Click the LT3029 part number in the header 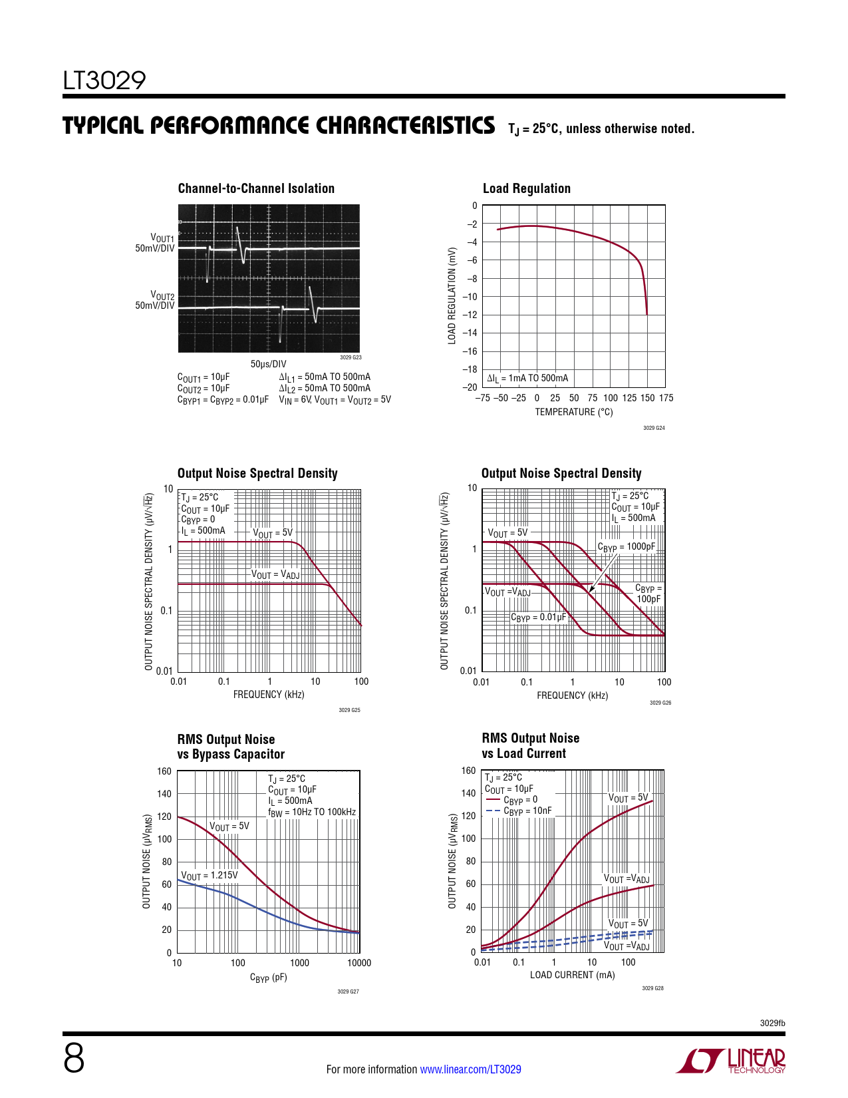coord(104,81)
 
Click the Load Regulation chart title coord(526,188)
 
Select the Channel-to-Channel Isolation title coord(256,188)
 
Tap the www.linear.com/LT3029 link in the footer coord(470,1069)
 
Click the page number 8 coord(74,1058)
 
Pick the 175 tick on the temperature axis coord(666,398)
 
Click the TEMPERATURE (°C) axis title coord(573,412)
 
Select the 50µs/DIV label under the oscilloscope coord(268,364)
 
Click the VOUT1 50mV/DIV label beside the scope coord(156,243)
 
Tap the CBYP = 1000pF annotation coord(626,547)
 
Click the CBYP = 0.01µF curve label coord(538,618)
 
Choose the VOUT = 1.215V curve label coord(209,876)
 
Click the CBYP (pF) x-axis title coord(268,978)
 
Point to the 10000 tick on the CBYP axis coord(359,963)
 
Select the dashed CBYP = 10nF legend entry coord(519,811)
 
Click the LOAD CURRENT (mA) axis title coord(572,975)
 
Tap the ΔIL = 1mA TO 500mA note coord(527,379)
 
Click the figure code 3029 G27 coord(348,992)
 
